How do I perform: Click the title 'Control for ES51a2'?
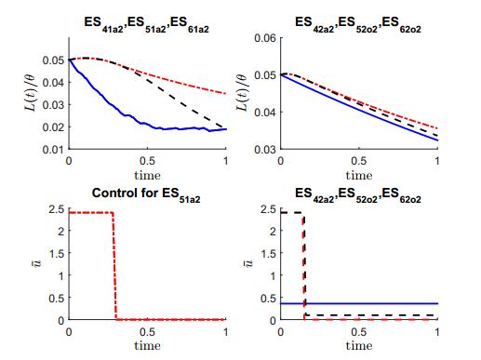[147, 193]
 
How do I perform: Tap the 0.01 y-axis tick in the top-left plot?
[55, 149]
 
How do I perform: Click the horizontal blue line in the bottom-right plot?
[372, 303]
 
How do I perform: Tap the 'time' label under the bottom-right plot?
[359, 345]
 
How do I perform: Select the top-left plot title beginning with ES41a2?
[147, 20]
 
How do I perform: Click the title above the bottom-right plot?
[359, 193]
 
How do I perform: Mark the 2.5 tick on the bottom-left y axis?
[57, 208]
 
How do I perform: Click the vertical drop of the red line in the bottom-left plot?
[114, 265]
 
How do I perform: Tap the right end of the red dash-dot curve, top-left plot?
[224, 93]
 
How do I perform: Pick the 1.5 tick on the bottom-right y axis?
[271, 253]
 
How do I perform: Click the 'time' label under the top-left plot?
[147, 174]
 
